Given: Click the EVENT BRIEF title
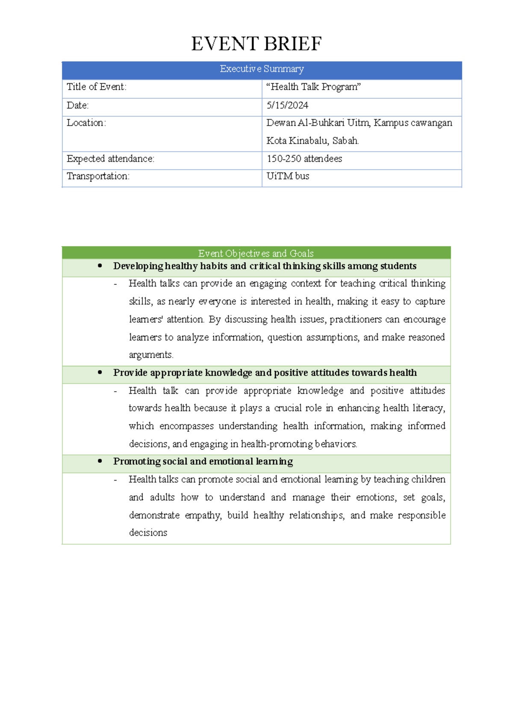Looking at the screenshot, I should [x=256, y=44].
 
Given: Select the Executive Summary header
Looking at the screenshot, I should [x=262, y=69].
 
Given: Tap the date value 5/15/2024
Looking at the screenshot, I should [x=287, y=105].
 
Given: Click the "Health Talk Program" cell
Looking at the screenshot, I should [x=313, y=87].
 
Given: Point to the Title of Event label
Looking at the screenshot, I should [x=97, y=87].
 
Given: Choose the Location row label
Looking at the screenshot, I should [x=86, y=123].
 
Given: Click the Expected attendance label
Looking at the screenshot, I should [x=110, y=159].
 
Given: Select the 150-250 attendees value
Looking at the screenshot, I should [x=304, y=159].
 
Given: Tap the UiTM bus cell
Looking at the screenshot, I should [x=288, y=176].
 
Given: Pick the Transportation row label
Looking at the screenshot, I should [x=98, y=176].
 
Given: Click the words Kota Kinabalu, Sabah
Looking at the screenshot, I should [x=313, y=141].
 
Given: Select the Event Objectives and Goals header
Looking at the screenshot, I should [x=256, y=253].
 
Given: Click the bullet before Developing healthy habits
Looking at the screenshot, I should [x=100, y=266].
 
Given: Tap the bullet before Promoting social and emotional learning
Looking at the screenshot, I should [x=100, y=461].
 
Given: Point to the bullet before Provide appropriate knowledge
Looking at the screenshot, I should [x=100, y=372].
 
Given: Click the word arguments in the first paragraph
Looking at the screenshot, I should [x=150, y=355].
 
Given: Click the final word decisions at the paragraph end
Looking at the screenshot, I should [x=148, y=533].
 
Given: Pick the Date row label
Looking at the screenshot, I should [x=77, y=105].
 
